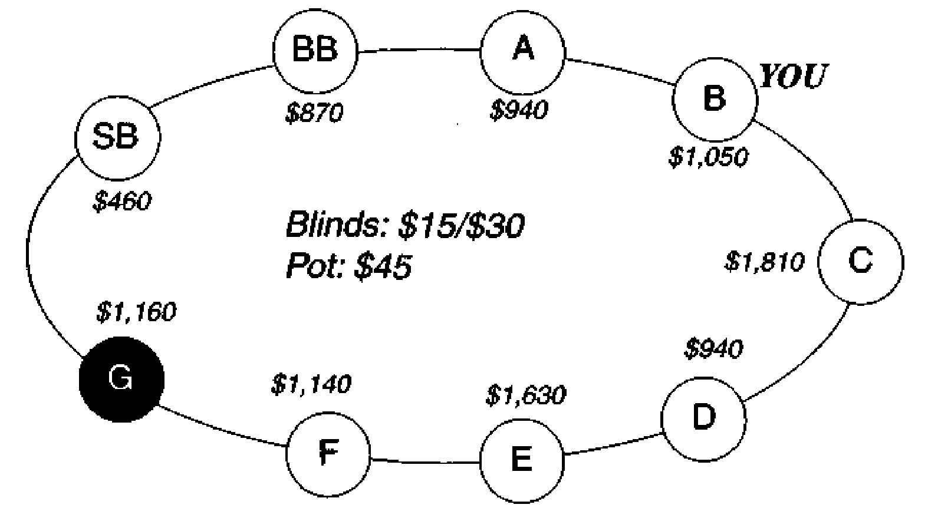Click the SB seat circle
point(118,138)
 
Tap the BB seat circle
point(315,51)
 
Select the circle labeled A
point(522,52)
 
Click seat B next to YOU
point(715,100)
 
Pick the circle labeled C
point(861,262)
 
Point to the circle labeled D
point(704,419)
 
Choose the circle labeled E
point(522,461)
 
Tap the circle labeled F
point(328,454)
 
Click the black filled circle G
point(121,380)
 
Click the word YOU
point(793,76)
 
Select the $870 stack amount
point(314,113)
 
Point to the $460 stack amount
point(122,202)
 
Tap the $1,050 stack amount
point(709,157)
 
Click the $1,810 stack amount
point(765,262)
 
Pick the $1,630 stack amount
point(526,395)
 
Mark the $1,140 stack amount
point(311,384)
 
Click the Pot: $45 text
point(349,266)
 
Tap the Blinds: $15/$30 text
point(406,225)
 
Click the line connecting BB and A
point(419,51)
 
